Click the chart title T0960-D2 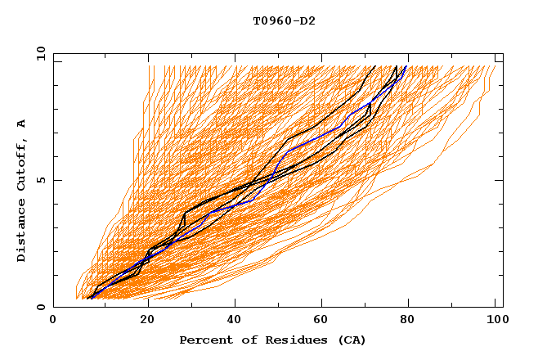pyautogui.click(x=284, y=20)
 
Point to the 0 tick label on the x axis pyautogui.click(x=53, y=321)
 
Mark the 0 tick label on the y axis pyautogui.click(x=41, y=308)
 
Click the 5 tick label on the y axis pyautogui.click(x=41, y=180)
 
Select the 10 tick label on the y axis pyautogui.click(x=38, y=53)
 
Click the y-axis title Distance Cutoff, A pyautogui.click(x=21, y=190)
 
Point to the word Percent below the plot pyautogui.click(x=204, y=340)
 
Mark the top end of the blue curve pyautogui.click(x=406, y=66)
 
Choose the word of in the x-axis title pyautogui.click(x=244, y=340)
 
